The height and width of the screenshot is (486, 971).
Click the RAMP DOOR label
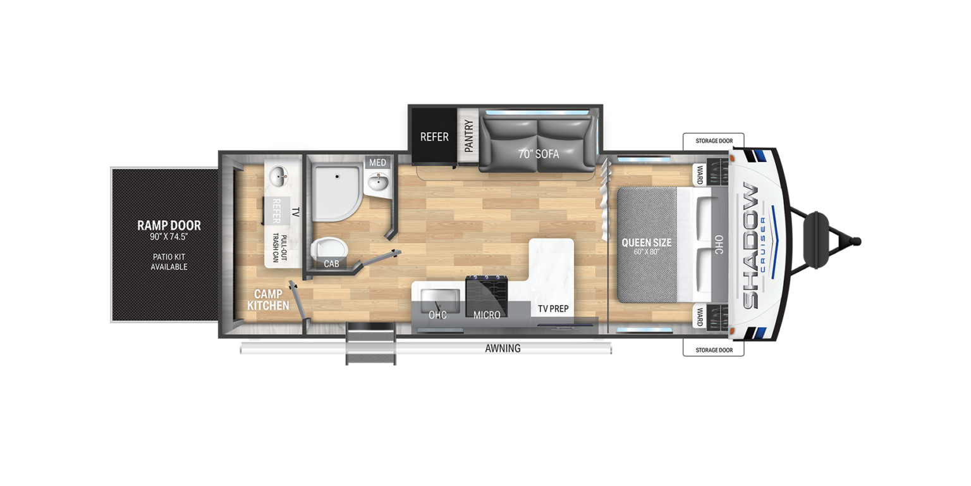pyautogui.click(x=169, y=225)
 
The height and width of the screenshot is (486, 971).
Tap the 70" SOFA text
pyautogui.click(x=539, y=154)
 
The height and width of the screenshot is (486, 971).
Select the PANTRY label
pyautogui.click(x=468, y=136)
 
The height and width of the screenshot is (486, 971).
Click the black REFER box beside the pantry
pyautogui.click(x=434, y=136)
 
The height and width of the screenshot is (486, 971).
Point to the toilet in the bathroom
pyautogui.click(x=329, y=249)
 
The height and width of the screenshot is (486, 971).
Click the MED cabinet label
pyautogui.click(x=377, y=163)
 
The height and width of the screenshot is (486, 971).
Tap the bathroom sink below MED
pyautogui.click(x=379, y=182)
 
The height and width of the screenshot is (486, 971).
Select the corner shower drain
pyautogui.click(x=337, y=177)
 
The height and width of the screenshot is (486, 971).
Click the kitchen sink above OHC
pyautogui.click(x=440, y=300)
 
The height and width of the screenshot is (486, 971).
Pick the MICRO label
pyautogui.click(x=487, y=315)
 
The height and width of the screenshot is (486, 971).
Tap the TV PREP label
pyautogui.click(x=553, y=309)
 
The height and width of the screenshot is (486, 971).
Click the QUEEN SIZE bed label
pyautogui.click(x=646, y=242)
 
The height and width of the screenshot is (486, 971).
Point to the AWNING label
pyautogui.click(x=503, y=349)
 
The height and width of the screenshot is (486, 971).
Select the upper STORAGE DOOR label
pyautogui.click(x=714, y=141)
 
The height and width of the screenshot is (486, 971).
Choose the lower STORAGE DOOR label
pyautogui.click(x=714, y=350)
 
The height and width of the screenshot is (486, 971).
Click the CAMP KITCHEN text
pyautogui.click(x=268, y=300)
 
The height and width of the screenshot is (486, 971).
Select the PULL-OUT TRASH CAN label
pyautogui.click(x=279, y=249)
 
